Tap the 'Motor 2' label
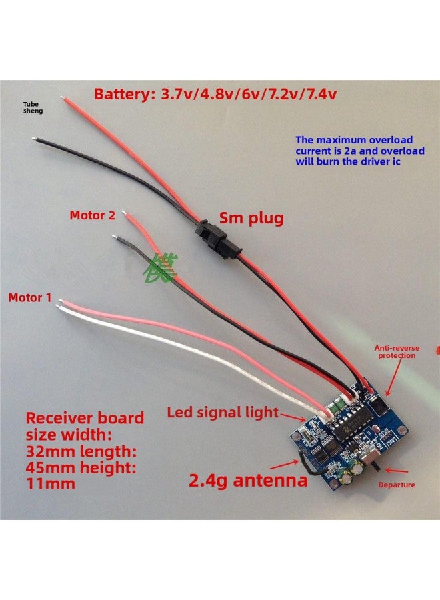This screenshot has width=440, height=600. [92, 215]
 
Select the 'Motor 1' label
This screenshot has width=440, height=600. [29, 297]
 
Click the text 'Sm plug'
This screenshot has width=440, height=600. [251, 218]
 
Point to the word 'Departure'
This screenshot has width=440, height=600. [396, 485]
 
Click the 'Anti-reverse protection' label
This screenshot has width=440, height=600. [397, 351]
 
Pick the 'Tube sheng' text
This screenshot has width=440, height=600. [33, 107]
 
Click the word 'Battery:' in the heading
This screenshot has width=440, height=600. [124, 93]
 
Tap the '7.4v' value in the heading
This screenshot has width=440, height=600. [318, 93]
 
